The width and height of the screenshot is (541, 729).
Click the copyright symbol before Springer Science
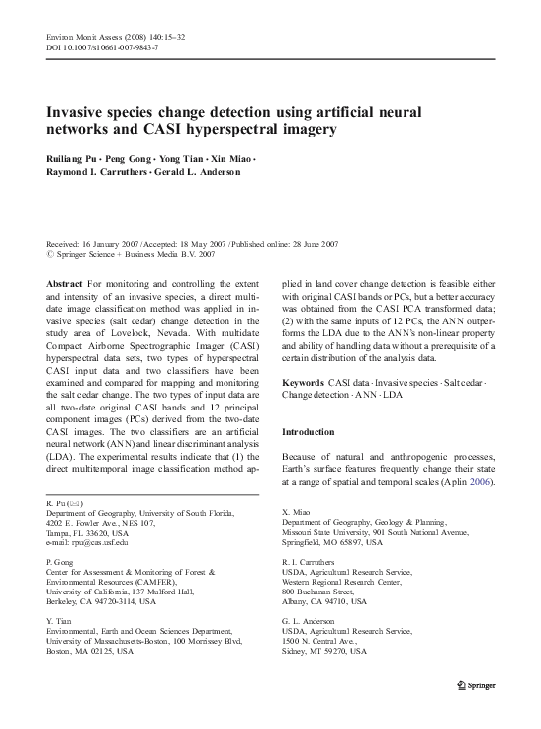pos(50,253)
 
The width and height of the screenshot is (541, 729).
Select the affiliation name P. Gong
pos(62,561)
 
